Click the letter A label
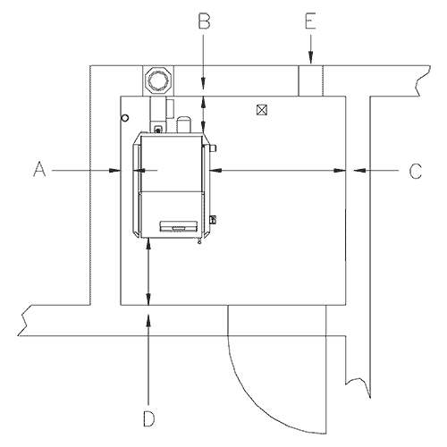click(39, 169)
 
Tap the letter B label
click(204, 21)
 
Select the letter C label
click(416, 171)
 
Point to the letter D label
click(149, 418)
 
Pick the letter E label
click(310, 21)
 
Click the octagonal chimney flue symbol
click(158, 80)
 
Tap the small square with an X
click(262, 110)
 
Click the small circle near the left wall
click(125, 118)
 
